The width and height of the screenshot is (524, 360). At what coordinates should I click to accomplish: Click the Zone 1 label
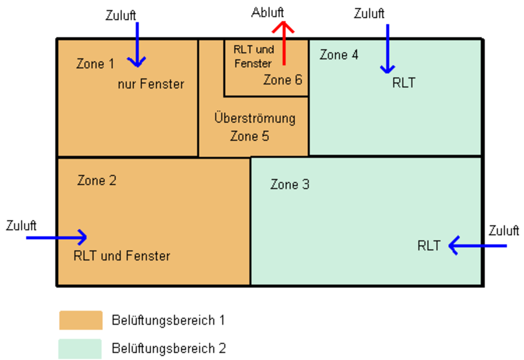[x=95, y=64]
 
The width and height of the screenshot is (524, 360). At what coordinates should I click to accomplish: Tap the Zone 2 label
[x=97, y=180]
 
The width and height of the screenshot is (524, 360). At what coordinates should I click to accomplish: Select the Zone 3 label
[x=290, y=184]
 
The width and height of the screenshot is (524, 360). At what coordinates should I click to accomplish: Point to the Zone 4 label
[x=339, y=55]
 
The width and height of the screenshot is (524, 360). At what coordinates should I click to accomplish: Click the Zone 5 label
[x=249, y=136]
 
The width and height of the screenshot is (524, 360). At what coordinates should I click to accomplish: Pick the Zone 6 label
[x=283, y=80]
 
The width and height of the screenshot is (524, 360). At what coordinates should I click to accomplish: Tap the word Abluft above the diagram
[x=268, y=13]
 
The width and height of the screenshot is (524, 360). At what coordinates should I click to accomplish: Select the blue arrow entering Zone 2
[x=57, y=237]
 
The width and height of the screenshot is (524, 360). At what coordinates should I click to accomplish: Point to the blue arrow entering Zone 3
[x=477, y=246]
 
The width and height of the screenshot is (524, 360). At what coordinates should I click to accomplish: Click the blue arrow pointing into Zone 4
[x=387, y=48]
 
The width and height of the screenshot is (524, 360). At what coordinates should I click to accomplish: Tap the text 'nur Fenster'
[x=151, y=84]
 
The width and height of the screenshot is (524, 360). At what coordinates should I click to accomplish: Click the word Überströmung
[x=255, y=118]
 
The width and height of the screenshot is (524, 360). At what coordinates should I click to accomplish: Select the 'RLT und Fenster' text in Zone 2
[x=122, y=256]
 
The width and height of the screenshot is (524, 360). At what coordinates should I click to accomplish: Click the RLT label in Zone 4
[x=403, y=83]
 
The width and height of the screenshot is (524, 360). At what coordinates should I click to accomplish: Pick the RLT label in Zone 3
[x=429, y=246]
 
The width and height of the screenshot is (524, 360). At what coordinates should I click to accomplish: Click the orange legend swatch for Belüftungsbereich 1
[x=81, y=320]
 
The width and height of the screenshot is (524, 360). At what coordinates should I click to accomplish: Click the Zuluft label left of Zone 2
[x=21, y=225]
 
